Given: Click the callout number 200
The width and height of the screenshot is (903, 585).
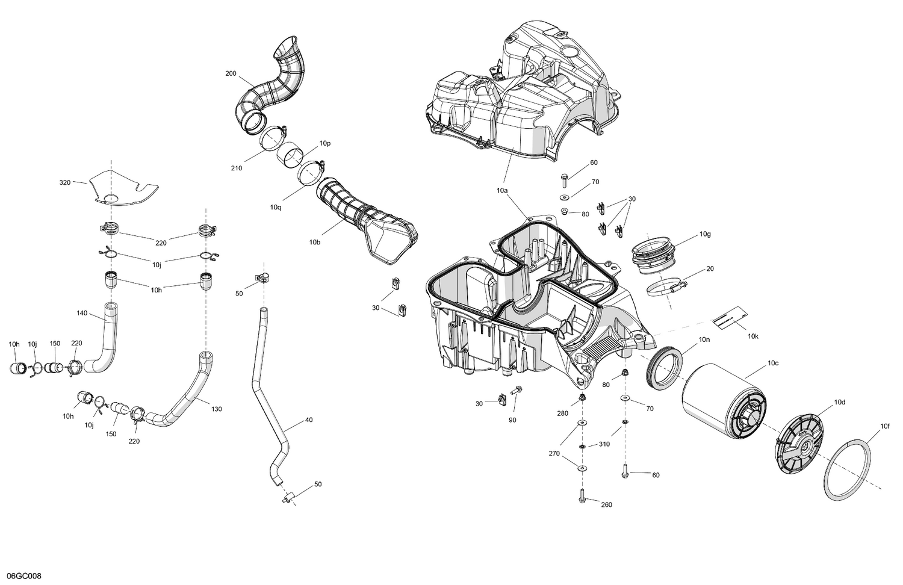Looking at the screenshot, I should (231, 73).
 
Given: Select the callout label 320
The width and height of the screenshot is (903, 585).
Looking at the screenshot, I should (65, 182).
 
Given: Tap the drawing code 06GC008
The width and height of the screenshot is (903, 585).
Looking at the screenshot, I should (20, 577).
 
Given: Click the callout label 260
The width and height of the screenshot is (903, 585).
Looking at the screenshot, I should (606, 504).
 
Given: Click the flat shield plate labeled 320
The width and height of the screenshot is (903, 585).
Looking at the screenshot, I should (123, 188).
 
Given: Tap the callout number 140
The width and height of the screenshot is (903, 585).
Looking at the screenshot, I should (82, 313).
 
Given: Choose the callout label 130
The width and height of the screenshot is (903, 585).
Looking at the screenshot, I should (217, 409).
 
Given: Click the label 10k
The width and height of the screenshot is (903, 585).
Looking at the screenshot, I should (752, 336).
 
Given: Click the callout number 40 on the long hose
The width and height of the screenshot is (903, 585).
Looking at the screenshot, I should (309, 419).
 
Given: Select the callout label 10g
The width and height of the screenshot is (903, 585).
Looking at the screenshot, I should (705, 234).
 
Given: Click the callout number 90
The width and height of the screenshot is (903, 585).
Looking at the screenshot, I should (512, 420).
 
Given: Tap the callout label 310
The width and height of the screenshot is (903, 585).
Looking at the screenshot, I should (604, 445).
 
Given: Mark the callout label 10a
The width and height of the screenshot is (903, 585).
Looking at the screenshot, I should (502, 190).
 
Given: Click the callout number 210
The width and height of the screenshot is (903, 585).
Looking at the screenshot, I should (236, 168).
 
